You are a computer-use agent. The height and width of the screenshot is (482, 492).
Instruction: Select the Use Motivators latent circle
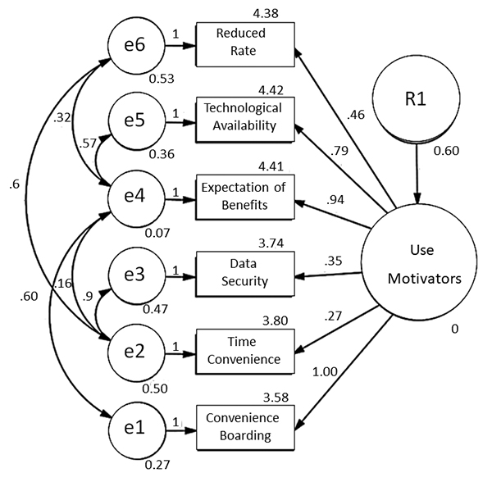(421, 261)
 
